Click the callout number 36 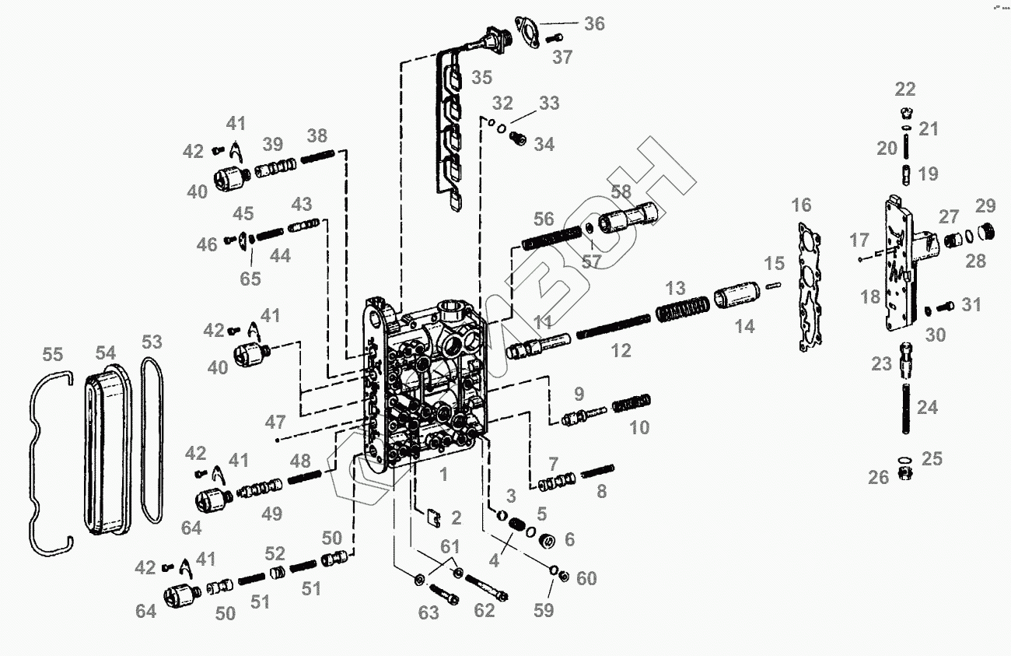594,23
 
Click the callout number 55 52,355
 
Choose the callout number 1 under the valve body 443,474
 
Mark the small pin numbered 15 774,285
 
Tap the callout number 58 621,191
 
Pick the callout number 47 275,423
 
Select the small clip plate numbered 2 436,516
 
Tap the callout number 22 904,89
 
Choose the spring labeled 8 597,472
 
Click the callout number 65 250,279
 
